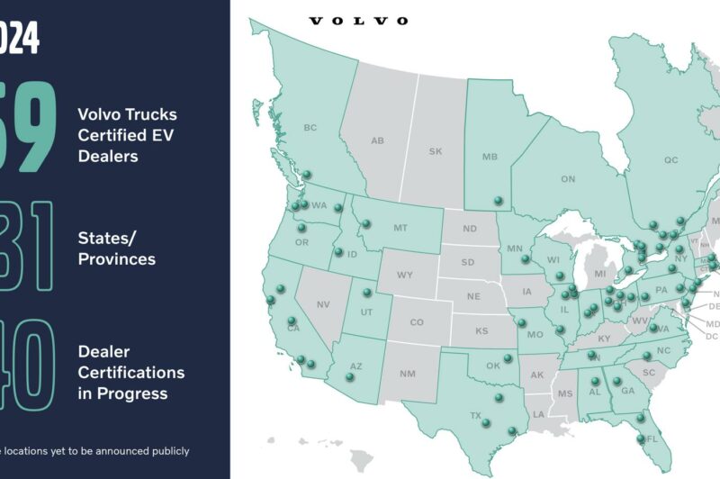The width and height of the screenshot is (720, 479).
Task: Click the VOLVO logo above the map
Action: (x=358, y=21)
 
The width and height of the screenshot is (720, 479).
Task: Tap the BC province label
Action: (x=310, y=128)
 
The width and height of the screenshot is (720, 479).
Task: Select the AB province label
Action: (x=378, y=140)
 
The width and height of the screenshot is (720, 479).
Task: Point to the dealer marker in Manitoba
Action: (x=497, y=201)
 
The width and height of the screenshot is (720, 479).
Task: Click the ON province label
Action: (x=568, y=179)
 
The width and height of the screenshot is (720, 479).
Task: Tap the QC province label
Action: (x=670, y=160)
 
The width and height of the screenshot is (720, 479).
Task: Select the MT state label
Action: (x=400, y=229)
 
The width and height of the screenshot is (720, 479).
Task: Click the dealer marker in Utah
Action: (x=366, y=292)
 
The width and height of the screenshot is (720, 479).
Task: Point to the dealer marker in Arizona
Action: (x=351, y=378)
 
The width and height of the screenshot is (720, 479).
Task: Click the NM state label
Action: (x=407, y=373)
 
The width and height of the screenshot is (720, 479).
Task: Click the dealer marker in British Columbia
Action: (x=307, y=175)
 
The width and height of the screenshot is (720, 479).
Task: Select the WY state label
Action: (x=404, y=274)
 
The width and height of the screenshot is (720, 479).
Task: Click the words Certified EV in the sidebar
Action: (x=126, y=135)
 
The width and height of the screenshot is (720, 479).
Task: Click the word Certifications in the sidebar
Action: (x=130, y=372)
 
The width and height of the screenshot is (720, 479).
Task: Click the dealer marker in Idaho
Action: (x=338, y=251)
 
